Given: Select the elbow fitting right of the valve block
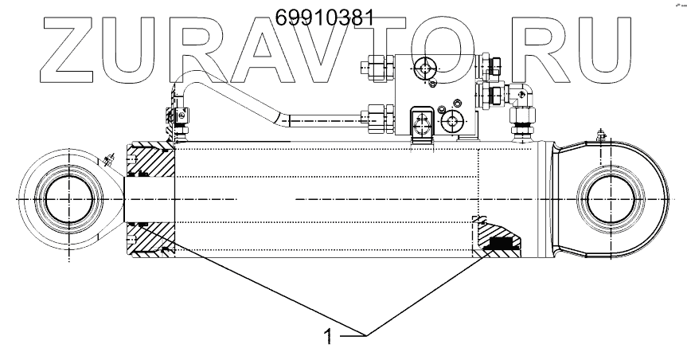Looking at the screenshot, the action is [x=523, y=95].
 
